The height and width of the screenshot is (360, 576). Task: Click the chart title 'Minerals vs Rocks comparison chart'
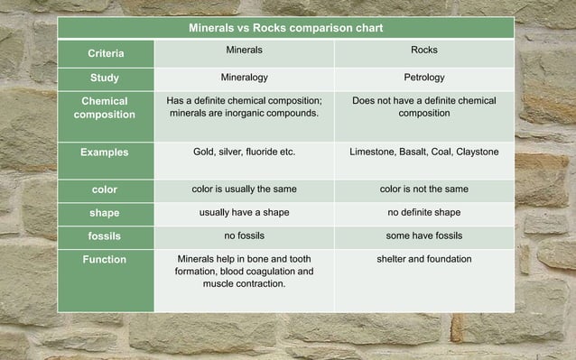pyautogui.click(x=285, y=28)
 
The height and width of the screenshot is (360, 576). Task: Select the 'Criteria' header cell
pyautogui.click(x=106, y=54)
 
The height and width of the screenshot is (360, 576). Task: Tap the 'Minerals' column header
pyautogui.click(x=244, y=51)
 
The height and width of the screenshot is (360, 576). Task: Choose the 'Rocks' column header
pyautogui.click(x=423, y=51)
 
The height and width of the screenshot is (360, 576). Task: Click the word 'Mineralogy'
pyautogui.click(x=244, y=78)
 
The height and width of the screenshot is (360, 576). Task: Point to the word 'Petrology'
pyautogui.click(x=423, y=78)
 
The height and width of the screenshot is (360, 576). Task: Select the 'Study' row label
pyautogui.click(x=105, y=78)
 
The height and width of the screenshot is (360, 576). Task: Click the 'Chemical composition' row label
pyautogui.click(x=105, y=107)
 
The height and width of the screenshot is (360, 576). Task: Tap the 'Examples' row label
pyautogui.click(x=105, y=152)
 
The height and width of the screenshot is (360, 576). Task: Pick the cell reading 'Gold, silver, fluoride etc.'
pyautogui.click(x=244, y=152)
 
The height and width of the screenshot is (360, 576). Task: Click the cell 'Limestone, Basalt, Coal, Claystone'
pyautogui.click(x=423, y=152)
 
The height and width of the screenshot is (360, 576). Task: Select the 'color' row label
pyautogui.click(x=105, y=189)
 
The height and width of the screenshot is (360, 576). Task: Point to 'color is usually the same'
pyautogui.click(x=244, y=189)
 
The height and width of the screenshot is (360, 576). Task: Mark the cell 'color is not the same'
pyautogui.click(x=423, y=189)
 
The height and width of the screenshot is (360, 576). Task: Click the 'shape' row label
pyautogui.click(x=105, y=213)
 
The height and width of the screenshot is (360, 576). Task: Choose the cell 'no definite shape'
pyautogui.click(x=423, y=213)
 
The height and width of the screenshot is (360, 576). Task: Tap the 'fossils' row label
pyautogui.click(x=105, y=235)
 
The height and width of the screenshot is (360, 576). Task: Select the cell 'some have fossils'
pyautogui.click(x=423, y=235)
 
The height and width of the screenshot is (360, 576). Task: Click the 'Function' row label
pyautogui.click(x=105, y=260)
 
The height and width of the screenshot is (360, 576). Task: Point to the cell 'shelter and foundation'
pyautogui.click(x=423, y=260)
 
